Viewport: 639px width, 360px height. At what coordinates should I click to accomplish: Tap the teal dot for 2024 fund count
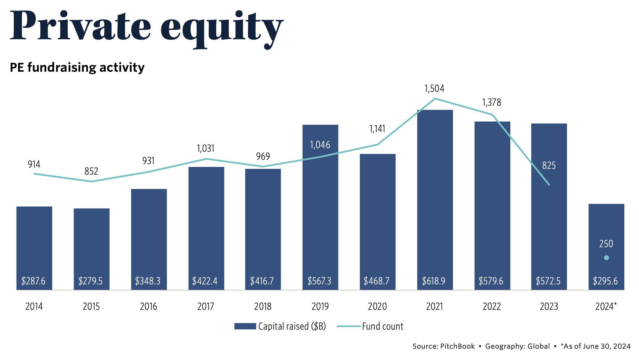606,258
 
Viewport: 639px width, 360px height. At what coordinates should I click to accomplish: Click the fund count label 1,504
434,89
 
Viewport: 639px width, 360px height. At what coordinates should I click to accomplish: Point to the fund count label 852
91,171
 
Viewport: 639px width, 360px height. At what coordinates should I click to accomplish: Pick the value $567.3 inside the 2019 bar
319,281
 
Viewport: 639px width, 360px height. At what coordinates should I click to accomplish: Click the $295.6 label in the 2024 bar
605,281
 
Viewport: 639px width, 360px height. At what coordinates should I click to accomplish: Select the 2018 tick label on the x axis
263,306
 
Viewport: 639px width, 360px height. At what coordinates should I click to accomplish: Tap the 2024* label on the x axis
606,306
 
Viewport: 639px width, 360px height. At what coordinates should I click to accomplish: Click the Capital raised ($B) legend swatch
245,326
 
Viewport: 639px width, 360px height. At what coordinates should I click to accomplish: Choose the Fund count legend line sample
349,326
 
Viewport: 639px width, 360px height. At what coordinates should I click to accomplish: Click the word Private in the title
80,26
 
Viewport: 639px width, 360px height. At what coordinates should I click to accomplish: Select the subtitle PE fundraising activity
77,68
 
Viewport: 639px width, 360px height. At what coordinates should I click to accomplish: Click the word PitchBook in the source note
457,346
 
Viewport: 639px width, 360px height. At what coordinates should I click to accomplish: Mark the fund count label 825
549,166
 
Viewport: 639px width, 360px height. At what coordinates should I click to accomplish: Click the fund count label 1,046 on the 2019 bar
320,145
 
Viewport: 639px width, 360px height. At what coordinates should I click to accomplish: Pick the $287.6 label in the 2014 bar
33,281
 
